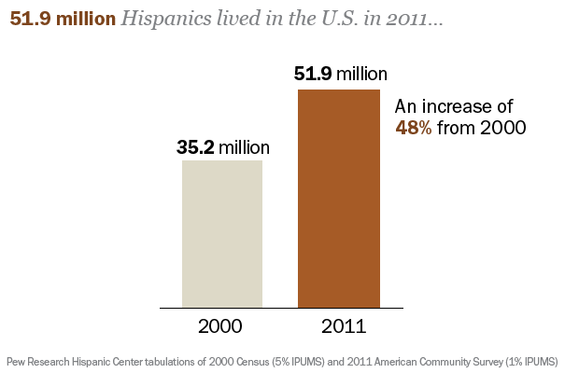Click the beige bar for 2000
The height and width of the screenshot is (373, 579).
point(222,233)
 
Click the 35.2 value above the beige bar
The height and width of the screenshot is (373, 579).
point(196,147)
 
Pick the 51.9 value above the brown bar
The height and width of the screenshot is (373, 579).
point(313,75)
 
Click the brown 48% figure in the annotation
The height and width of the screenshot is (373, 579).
point(413,128)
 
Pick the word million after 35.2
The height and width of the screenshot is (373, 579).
point(245,147)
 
